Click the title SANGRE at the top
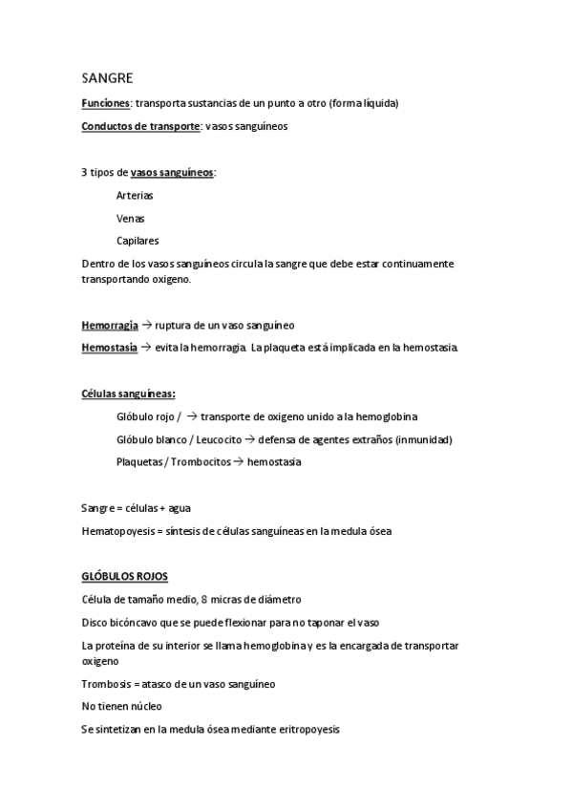coord(107,78)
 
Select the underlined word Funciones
coord(105,103)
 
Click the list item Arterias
coord(135,195)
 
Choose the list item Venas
coord(131,218)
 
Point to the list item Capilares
coord(138,241)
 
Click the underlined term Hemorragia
coord(109,325)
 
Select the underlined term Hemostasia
coord(109,347)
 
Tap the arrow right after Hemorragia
coord(146,325)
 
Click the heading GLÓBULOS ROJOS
coord(125,577)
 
